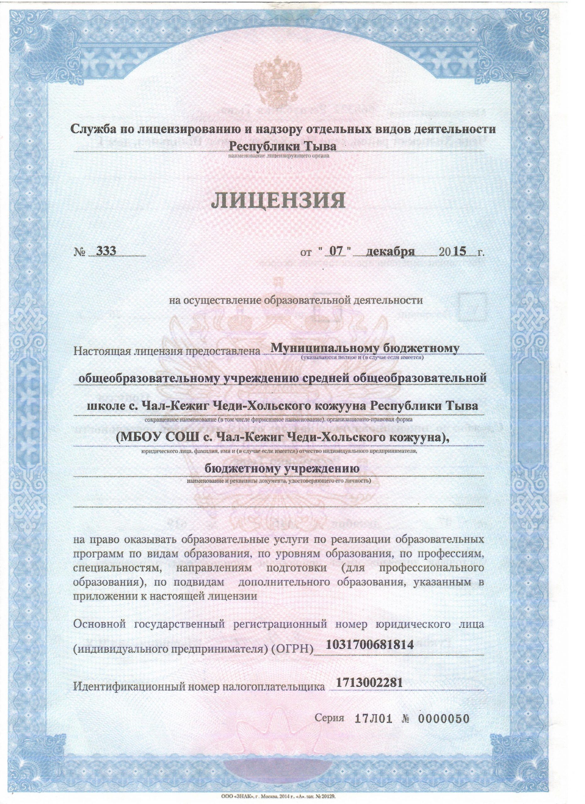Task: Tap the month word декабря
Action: pyautogui.click(x=391, y=251)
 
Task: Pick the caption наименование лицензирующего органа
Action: pyautogui.click(x=279, y=155)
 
